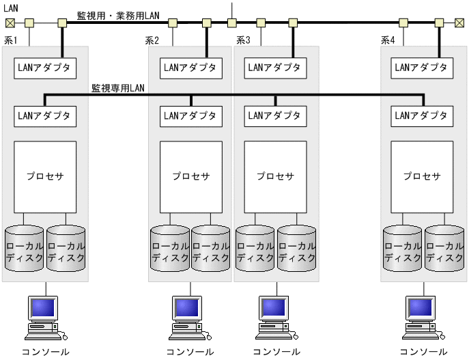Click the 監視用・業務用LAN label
pos(117,15)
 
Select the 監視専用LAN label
pos(117,88)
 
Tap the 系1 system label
pos(11,40)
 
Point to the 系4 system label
pos(388,40)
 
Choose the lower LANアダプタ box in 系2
pos(190,115)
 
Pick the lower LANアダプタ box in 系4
pos(421,115)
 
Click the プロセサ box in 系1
pos(45,176)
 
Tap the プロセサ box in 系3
pos(275,176)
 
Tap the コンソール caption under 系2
pos(190,352)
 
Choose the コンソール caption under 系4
pos(423,352)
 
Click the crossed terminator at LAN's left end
pos(8,23)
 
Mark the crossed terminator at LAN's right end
pos(459,23)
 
